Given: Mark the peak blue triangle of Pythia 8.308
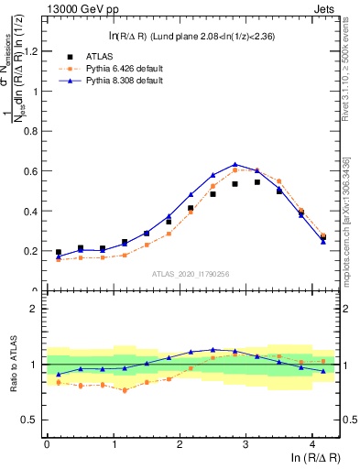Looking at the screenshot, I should coord(235,164).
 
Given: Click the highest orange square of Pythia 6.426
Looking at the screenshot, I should coord(235,170).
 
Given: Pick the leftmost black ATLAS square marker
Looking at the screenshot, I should coord(59,252).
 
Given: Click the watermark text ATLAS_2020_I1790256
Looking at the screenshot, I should coord(190,274).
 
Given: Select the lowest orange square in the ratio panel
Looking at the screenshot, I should coord(125,390).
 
